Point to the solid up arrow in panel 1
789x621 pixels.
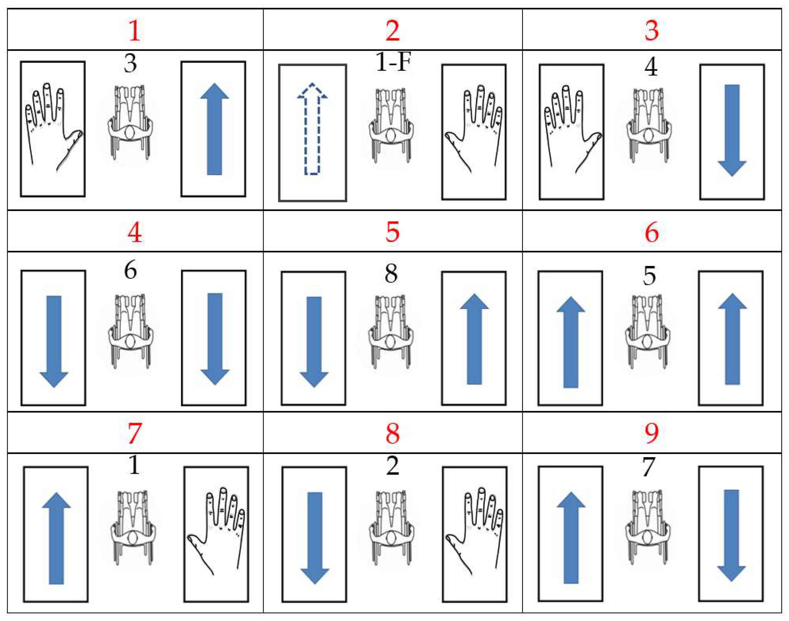pyautogui.click(x=215, y=129)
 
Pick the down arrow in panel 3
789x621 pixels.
pyautogui.click(x=732, y=130)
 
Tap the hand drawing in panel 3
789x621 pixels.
pyautogui.click(x=573, y=129)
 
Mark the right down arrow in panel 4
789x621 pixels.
pyautogui.click(x=215, y=339)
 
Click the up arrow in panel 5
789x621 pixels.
pyautogui.click(x=474, y=339)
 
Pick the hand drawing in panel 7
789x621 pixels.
pyautogui.click(x=216, y=531)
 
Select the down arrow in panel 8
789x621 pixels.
pyautogui.click(x=315, y=538)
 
